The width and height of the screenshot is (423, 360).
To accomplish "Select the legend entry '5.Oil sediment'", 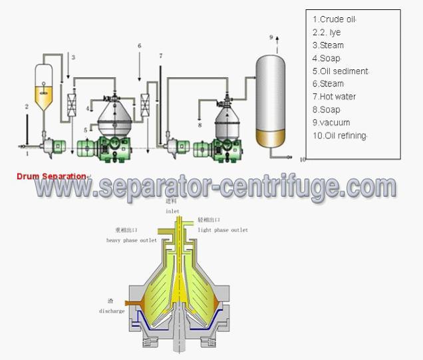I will pyautogui.click(x=340, y=71).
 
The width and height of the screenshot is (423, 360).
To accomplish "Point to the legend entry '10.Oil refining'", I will pyautogui.click(x=340, y=136).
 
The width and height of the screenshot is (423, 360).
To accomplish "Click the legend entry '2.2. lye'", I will pyautogui.click(x=327, y=32).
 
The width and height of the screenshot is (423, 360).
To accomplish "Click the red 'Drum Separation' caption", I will pyautogui.click(x=52, y=176).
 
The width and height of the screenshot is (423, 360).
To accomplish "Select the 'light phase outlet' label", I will pyautogui.click(x=223, y=230).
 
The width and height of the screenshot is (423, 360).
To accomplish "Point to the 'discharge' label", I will pyautogui.click(x=112, y=311).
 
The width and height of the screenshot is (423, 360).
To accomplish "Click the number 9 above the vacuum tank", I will pyautogui.click(x=271, y=37).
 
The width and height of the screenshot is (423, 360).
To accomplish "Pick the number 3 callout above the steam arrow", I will pyautogui.click(x=73, y=57).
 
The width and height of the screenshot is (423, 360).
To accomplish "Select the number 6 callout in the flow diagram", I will pyautogui.click(x=139, y=46).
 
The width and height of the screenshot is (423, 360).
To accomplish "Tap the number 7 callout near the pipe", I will pyautogui.click(x=160, y=57).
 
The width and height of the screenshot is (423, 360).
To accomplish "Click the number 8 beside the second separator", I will pyautogui.click(x=200, y=124).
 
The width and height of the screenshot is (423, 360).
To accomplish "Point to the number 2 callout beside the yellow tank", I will pyautogui.click(x=27, y=106).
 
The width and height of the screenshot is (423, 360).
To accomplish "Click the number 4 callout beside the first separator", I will pyautogui.click(x=88, y=107).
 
